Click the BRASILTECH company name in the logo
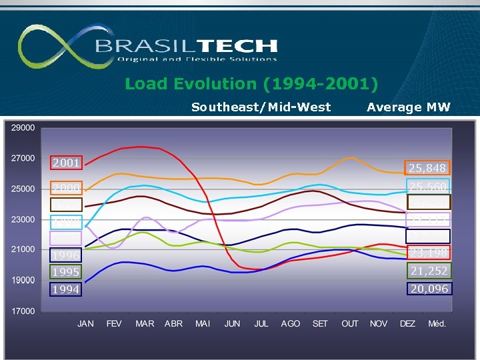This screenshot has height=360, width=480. pyautogui.click(x=186, y=45)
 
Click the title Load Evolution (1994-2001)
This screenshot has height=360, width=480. pyautogui.click(x=251, y=84)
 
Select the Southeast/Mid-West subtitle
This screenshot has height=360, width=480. pyautogui.click(x=261, y=107)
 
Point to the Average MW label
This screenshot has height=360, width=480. pyautogui.click(x=409, y=107)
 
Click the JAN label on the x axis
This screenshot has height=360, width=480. pyautogui.click(x=85, y=324)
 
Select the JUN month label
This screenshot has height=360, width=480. pyautogui.click(x=232, y=324)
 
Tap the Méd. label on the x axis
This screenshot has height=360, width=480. pyautogui.click(x=437, y=324)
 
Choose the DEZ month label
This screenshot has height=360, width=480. pyautogui.click(x=407, y=324)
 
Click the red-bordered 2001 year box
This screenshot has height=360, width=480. pyautogui.click(x=67, y=163)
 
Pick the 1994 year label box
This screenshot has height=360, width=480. pyautogui.click(x=67, y=290)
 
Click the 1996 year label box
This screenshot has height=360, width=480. pyautogui.click(x=67, y=255)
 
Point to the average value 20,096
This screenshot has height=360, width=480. pyautogui.click(x=429, y=289)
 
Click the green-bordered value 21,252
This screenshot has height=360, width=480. pyautogui.click(x=429, y=271)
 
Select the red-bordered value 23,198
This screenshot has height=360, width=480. pyautogui.click(x=429, y=253)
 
